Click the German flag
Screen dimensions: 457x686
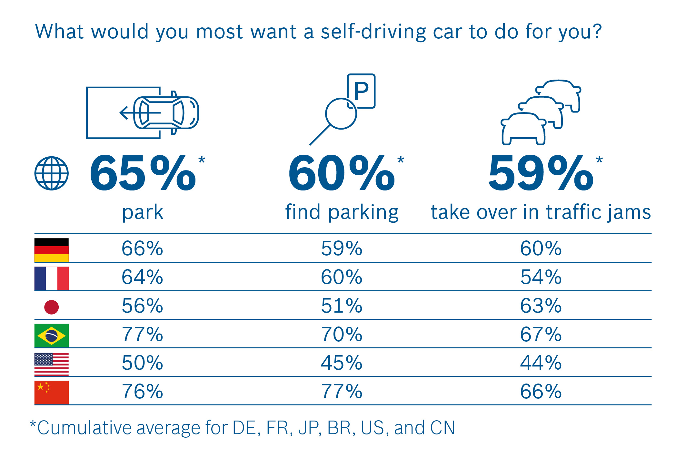(52, 250)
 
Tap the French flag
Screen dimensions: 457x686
(52, 278)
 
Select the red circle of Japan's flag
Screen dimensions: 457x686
(52, 307)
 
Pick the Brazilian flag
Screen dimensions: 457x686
(52, 335)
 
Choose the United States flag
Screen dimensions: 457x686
(52, 364)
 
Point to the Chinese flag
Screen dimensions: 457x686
(52, 393)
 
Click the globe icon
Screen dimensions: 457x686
(52, 173)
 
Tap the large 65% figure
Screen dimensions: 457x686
(143, 173)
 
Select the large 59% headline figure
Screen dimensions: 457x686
(541, 173)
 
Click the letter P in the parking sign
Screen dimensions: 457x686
(361, 91)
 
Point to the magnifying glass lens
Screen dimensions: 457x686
(341, 114)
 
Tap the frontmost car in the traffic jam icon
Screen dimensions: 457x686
(523, 129)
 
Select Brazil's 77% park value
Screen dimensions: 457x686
(143, 335)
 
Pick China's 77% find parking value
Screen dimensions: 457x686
(342, 392)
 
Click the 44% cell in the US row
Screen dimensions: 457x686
(541, 363)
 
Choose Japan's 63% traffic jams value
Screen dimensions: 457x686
(541, 306)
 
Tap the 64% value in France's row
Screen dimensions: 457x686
(143, 277)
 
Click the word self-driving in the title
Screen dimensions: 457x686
(373, 32)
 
